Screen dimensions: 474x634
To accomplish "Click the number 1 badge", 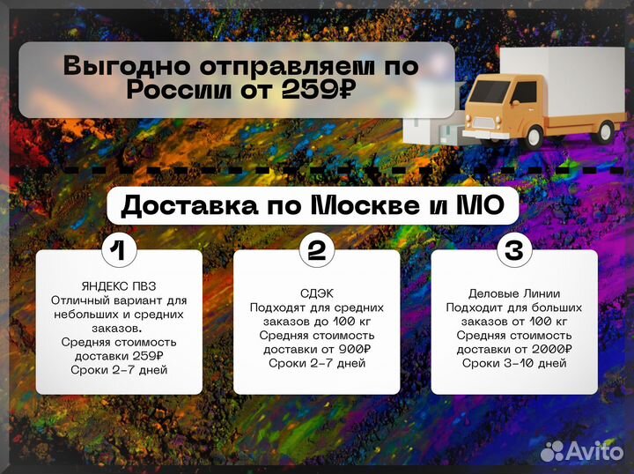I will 119,250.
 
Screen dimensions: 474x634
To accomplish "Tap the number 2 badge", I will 316,250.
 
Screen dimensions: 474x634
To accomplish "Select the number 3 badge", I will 513,250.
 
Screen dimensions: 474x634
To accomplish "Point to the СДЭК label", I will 316,293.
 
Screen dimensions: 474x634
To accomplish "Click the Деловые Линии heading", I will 515,293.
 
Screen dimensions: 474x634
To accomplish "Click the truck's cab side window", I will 525,93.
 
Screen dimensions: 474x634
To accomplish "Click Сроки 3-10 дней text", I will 514,363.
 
